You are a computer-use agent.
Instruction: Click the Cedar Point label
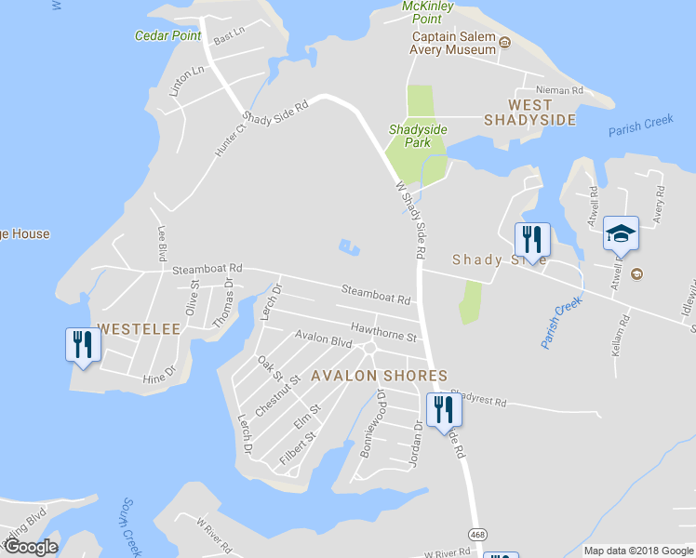167,36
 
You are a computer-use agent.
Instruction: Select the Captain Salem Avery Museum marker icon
505,42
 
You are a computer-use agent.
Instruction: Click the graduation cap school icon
621,233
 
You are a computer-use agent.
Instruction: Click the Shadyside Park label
418,136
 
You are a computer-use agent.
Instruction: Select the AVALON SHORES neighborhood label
379,376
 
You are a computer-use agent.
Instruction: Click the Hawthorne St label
383,329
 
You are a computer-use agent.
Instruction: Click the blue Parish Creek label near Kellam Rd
560,323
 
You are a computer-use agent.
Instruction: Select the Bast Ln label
228,35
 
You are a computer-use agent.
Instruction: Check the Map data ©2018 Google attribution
637,551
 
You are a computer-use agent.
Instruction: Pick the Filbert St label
298,447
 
